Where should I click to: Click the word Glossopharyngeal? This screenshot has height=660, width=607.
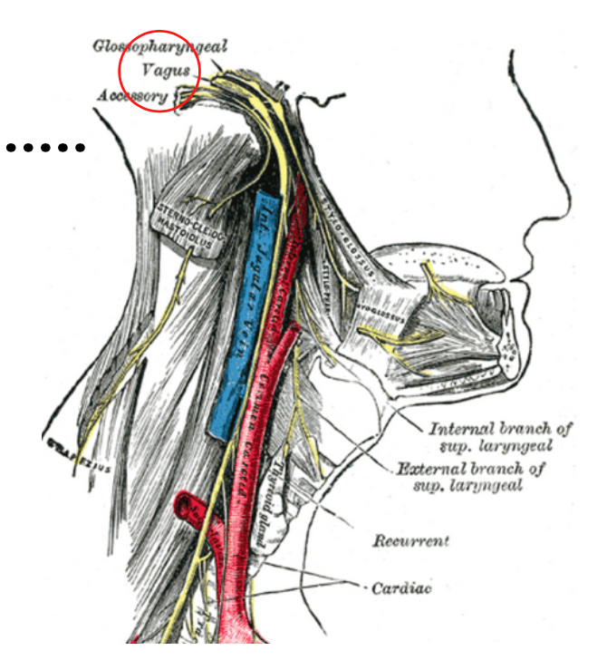coord(160,45)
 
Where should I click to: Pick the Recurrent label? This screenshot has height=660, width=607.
coord(410,541)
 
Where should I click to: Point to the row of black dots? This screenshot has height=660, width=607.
coord(45,146)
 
